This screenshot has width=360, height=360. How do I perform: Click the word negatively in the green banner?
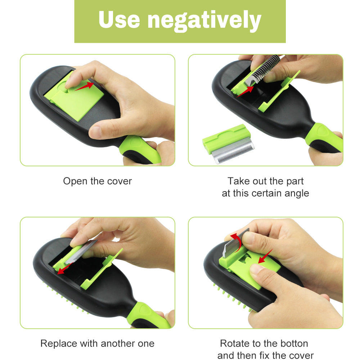click(x=204, y=21)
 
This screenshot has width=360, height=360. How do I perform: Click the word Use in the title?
click(x=119, y=19)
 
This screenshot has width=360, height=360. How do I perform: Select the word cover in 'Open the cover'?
click(x=120, y=181)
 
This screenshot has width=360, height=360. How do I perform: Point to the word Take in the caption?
click(x=239, y=181)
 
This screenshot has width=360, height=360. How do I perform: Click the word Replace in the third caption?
click(x=59, y=343)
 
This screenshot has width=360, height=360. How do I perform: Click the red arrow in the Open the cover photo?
click(x=84, y=86)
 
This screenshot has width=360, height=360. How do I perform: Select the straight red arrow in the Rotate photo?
click(x=265, y=256)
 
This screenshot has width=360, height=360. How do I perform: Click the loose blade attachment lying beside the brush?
click(x=228, y=144)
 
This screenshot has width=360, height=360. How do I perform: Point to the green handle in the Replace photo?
click(x=149, y=315)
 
